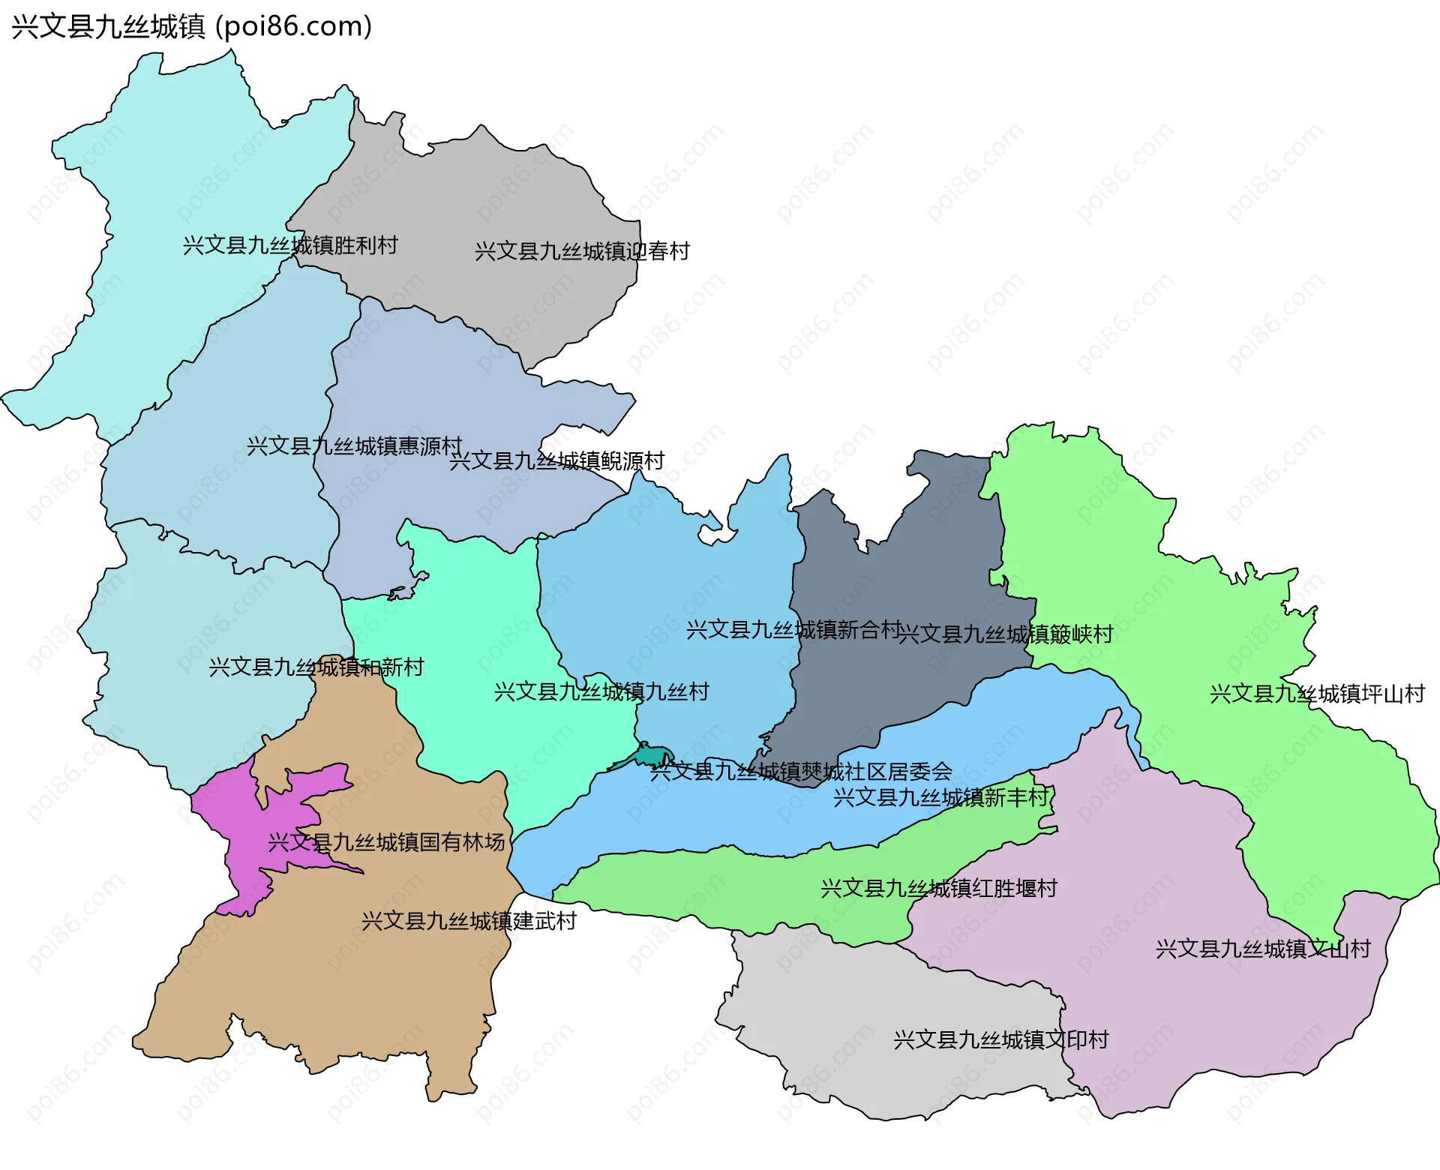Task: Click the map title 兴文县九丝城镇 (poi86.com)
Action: tap(191, 27)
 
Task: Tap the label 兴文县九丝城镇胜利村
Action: tap(290, 245)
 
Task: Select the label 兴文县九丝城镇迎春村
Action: tap(582, 251)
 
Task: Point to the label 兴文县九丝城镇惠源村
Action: tap(354, 446)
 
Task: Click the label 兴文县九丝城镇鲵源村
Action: tap(556, 460)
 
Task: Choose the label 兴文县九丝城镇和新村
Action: tap(316, 667)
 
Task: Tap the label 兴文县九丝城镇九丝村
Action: tap(601, 691)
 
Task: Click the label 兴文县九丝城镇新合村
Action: tap(793, 630)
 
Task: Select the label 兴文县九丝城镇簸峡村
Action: tap(1005, 634)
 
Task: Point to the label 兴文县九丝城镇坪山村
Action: tap(1317, 694)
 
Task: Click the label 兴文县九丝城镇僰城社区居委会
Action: tap(801, 771)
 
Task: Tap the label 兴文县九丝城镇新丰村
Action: tap(941, 797)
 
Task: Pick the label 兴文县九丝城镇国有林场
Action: tap(386, 842)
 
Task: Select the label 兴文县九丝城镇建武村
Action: tap(469, 921)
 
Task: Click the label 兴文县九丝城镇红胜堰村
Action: tap(939, 889)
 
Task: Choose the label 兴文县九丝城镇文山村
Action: tap(1263, 949)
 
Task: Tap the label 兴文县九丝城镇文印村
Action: tap(1000, 1040)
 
